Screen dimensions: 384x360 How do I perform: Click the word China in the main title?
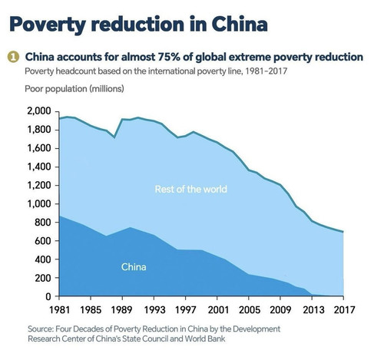click(x=240, y=24)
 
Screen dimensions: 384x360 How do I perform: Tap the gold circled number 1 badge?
click(x=13, y=57)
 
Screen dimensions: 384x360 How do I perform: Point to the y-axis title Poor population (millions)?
click(x=74, y=89)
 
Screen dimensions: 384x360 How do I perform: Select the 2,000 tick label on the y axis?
click(x=39, y=111)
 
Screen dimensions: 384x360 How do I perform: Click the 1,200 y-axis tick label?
click(x=39, y=185)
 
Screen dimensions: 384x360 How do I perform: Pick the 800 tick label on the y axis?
click(x=43, y=223)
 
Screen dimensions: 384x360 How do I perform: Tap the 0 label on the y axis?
click(x=48, y=296)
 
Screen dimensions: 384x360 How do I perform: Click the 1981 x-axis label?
click(x=59, y=310)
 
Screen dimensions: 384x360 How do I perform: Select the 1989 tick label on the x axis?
click(x=122, y=310)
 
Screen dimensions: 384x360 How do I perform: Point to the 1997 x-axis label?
click(x=186, y=310)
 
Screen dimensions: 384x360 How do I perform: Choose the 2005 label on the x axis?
click(x=249, y=310)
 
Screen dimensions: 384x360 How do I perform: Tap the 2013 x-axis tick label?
click(x=312, y=310)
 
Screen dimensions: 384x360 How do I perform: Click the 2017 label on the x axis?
click(x=343, y=310)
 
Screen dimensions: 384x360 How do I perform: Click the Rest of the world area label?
click(x=191, y=189)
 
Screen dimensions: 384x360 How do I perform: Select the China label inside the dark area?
click(x=134, y=267)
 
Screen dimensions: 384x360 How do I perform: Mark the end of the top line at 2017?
click(x=343, y=232)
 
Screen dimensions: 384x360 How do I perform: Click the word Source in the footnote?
click(x=41, y=329)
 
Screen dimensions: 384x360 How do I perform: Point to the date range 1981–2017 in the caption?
click(x=266, y=71)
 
